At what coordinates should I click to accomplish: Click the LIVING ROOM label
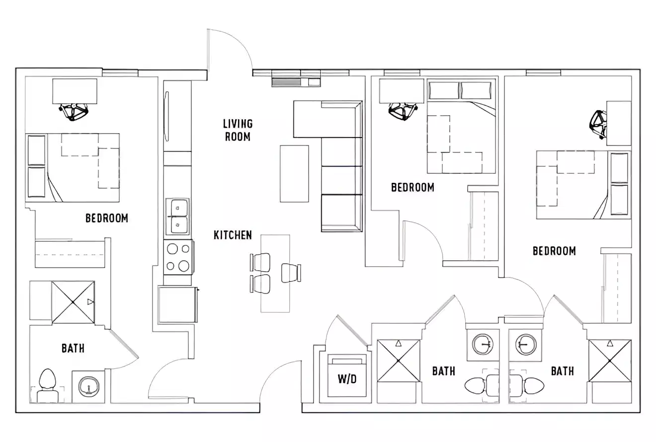(238, 130)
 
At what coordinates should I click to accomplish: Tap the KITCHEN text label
(233, 235)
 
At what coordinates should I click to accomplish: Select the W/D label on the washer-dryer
(347, 379)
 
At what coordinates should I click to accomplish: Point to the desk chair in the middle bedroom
(403, 111)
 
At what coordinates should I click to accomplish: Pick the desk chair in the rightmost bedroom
(599, 124)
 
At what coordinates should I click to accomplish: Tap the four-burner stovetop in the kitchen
(178, 257)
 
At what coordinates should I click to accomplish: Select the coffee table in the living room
(294, 173)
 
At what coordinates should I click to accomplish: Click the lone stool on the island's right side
(291, 273)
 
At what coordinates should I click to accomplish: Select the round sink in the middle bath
(482, 343)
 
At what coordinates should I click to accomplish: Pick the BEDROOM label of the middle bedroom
(412, 187)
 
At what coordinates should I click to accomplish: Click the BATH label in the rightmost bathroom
(562, 371)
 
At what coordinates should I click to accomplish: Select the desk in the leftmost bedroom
(75, 90)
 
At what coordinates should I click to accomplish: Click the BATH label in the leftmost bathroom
(73, 348)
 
